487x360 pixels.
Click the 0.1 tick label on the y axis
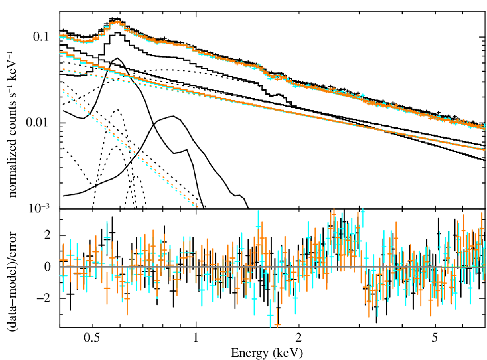41,37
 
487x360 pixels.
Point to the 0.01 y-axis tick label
37,122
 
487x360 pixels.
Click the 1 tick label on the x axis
196,338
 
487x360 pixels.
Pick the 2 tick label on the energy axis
298,338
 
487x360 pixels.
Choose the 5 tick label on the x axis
434,338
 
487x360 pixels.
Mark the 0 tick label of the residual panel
47,267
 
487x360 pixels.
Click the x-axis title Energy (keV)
267,353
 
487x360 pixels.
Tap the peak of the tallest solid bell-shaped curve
117,58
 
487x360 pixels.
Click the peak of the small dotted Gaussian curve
118,109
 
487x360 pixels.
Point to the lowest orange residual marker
278,324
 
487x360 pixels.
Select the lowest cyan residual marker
270,315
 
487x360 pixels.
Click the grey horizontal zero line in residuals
272,267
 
